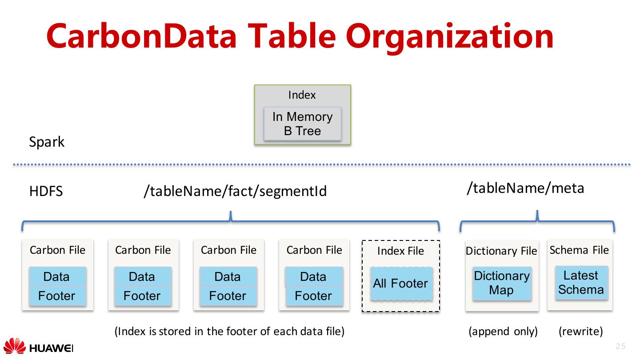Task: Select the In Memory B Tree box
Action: pyautogui.click(x=302, y=124)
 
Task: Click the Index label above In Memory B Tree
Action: pyautogui.click(x=302, y=95)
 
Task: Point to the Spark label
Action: pyautogui.click(x=47, y=142)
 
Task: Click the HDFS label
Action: pyautogui.click(x=46, y=192)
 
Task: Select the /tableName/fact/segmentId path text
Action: pyautogui.click(x=235, y=191)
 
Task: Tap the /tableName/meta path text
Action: pyautogui.click(x=525, y=188)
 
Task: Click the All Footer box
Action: pyautogui.click(x=401, y=284)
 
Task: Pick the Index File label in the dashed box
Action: pyautogui.click(x=400, y=251)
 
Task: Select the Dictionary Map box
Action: pyautogui.click(x=502, y=283)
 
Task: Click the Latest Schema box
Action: pyautogui.click(x=581, y=283)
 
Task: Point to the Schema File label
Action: pyautogui.click(x=579, y=250)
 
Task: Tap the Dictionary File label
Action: pyautogui.click(x=501, y=251)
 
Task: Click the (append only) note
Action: pyautogui.click(x=503, y=332)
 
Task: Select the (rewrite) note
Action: pyautogui.click(x=580, y=332)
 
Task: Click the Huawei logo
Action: pyautogui.click(x=38, y=347)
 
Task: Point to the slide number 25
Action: pyautogui.click(x=620, y=347)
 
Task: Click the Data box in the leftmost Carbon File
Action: pyautogui.click(x=57, y=277)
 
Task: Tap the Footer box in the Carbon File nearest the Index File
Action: pyautogui.click(x=313, y=296)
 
